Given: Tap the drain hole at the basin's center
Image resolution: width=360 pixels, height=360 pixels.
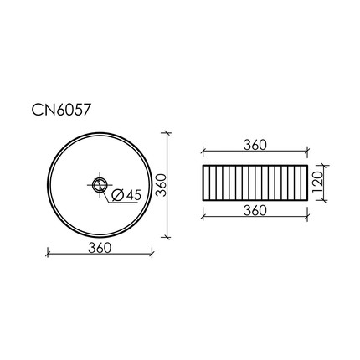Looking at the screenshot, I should (100, 185).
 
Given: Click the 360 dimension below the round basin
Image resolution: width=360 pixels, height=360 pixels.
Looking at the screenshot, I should (100, 248).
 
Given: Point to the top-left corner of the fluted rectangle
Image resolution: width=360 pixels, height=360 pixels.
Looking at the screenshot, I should (203, 165).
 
